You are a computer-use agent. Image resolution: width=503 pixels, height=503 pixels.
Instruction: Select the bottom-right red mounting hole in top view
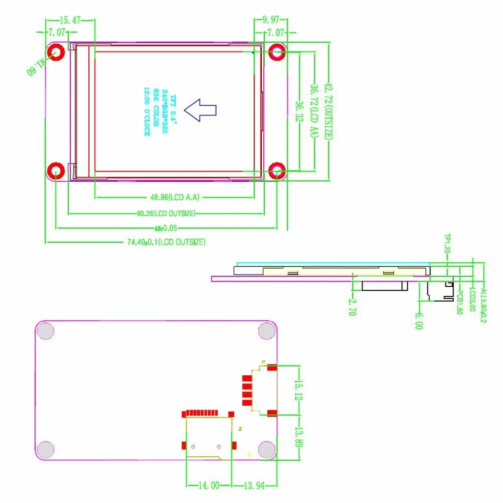(x=278, y=171)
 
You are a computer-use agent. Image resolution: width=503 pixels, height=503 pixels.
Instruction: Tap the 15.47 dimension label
(x=70, y=20)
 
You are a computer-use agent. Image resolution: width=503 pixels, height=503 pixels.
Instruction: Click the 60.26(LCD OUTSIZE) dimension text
(x=167, y=213)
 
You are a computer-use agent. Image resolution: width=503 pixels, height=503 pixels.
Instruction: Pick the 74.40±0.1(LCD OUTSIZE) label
(x=166, y=242)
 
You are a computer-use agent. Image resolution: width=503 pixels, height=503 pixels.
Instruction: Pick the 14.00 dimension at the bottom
(x=208, y=485)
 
